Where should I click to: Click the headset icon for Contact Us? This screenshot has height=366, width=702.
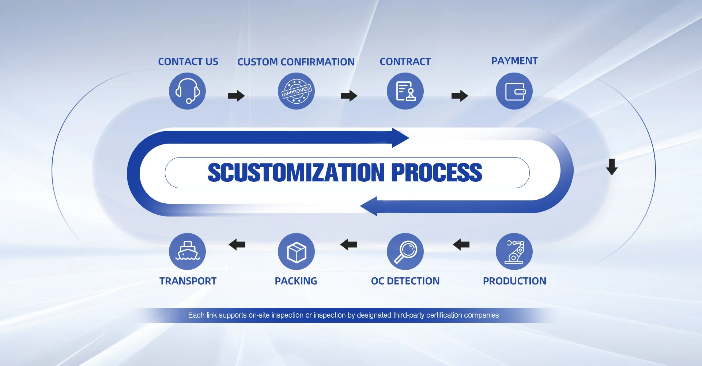187,91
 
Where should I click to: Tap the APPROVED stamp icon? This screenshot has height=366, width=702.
296,91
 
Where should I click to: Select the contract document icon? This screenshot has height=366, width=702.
405,91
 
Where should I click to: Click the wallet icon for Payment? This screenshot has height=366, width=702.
514,91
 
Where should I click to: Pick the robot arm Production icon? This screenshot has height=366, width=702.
514,252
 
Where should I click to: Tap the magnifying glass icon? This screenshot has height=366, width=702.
405,252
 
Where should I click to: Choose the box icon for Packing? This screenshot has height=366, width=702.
296,252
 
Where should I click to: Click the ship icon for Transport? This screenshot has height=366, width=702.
187,252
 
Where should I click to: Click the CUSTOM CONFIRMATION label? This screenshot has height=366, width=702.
296,62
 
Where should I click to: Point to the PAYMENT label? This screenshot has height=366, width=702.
514,61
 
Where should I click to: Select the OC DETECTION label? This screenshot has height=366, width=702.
405,281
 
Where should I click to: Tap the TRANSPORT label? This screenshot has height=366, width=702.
188,281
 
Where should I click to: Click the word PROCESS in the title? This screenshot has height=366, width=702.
437,173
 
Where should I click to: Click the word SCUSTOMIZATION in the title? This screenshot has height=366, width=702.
296,173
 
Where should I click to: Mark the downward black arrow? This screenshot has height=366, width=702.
612,167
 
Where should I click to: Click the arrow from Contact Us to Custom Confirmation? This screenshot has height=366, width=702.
236,96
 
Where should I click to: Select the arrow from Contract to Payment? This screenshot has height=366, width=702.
460,96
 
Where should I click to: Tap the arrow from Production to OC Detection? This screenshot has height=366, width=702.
461,244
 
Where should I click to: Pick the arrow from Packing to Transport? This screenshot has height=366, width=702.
237,244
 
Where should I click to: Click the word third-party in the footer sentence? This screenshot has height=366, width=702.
408,315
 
